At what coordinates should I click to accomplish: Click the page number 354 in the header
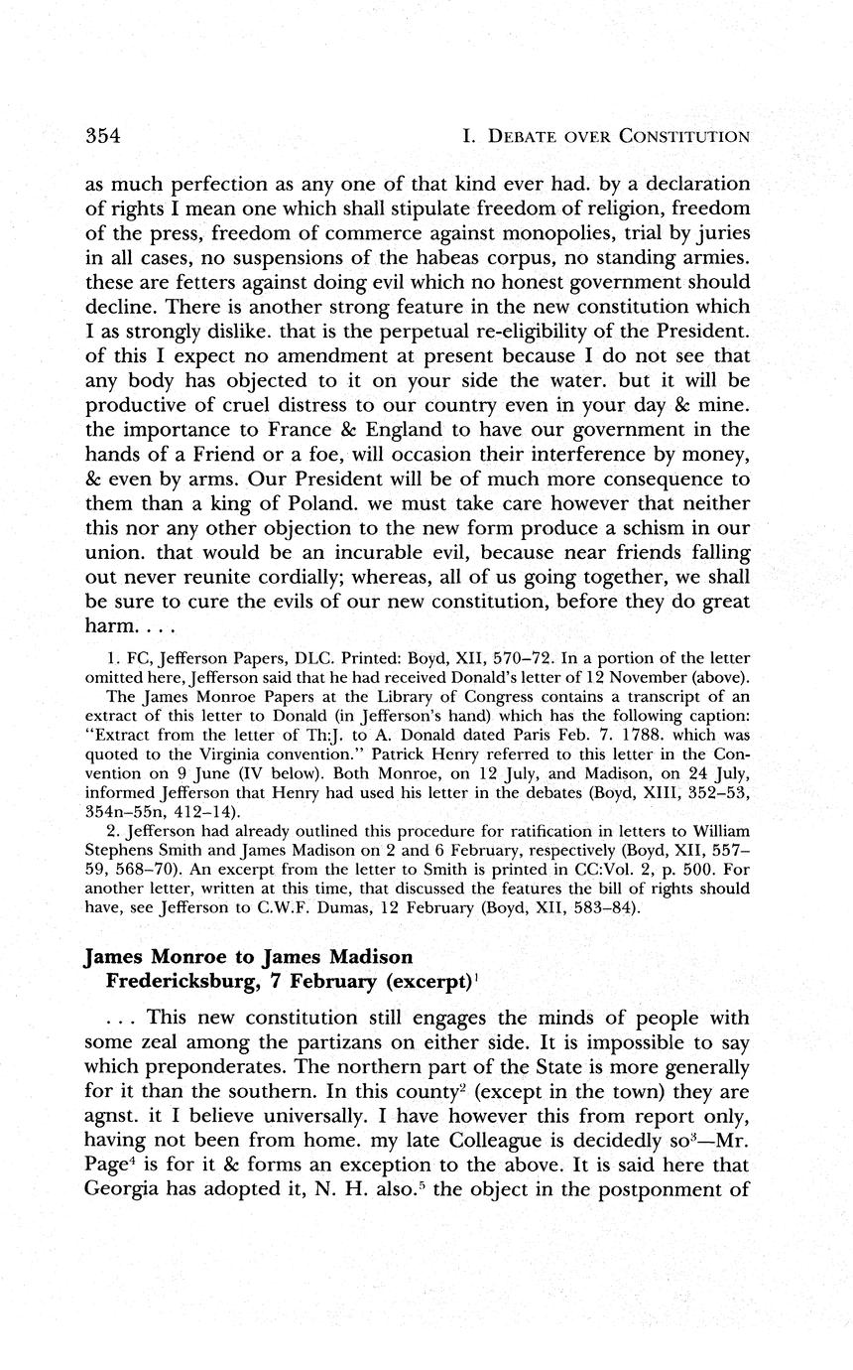click(102, 136)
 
